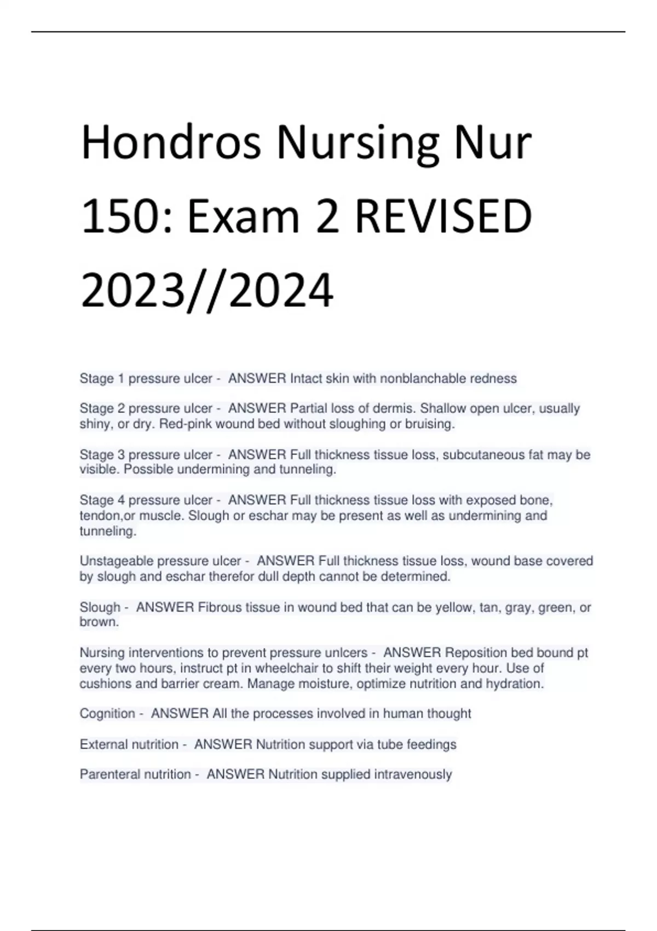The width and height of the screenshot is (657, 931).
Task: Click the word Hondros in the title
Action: point(170,143)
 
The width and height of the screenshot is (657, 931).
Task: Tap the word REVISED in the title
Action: point(443,216)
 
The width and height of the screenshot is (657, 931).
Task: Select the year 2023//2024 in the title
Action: point(207,290)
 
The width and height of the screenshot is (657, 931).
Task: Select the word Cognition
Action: point(107,714)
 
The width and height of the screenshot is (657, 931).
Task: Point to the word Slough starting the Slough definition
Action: point(100,607)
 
